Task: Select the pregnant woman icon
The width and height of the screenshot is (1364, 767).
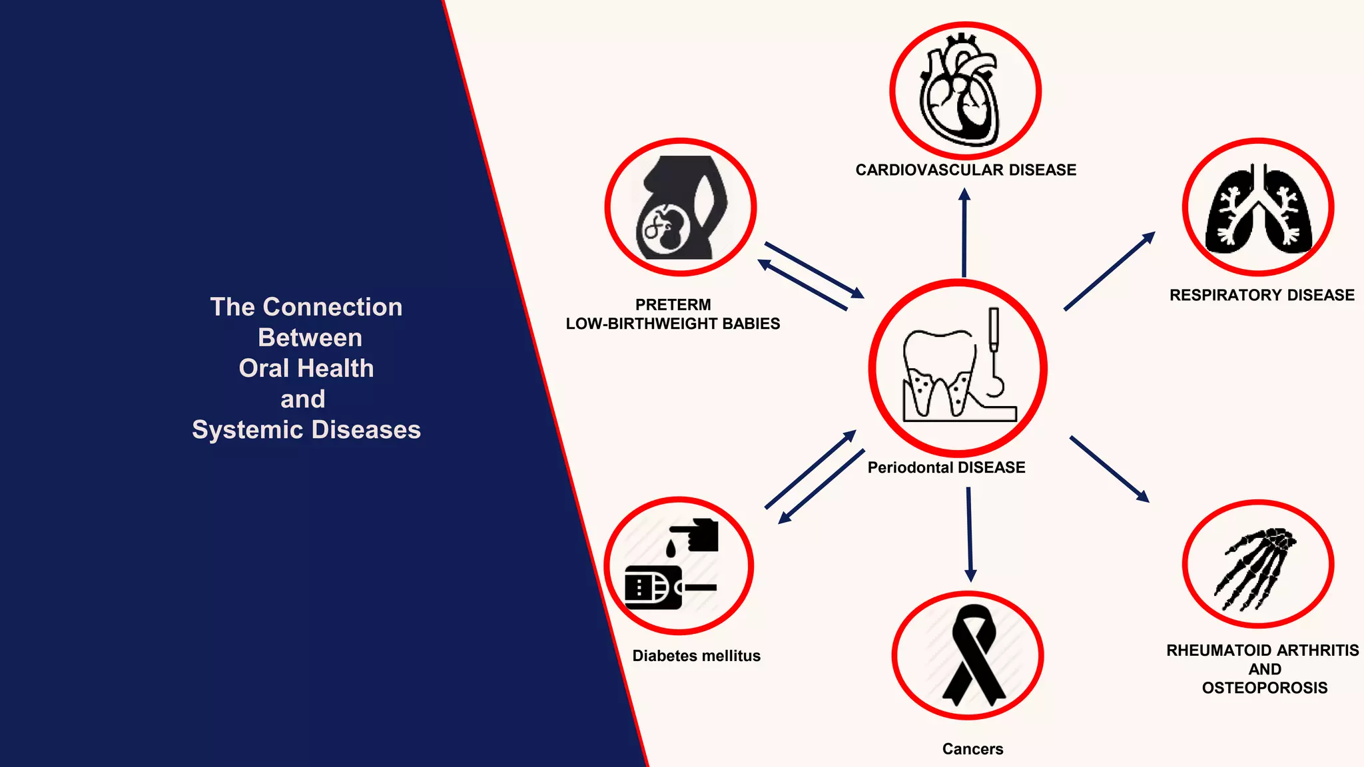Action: (x=681, y=208)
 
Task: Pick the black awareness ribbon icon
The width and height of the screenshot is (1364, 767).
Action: (x=973, y=655)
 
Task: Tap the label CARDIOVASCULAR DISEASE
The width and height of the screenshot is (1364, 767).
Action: (x=966, y=170)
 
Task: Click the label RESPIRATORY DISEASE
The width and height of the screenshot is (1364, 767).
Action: (x=1262, y=296)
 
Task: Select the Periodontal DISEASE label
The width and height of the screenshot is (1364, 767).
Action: (x=946, y=468)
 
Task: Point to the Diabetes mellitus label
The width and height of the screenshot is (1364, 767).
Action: (x=696, y=656)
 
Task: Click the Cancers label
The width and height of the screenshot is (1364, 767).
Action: (x=972, y=750)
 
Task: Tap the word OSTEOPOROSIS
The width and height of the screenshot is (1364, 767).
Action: (x=1265, y=688)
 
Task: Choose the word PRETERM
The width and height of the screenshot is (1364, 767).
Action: (x=673, y=305)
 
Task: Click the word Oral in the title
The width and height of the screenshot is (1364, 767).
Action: (x=264, y=369)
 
